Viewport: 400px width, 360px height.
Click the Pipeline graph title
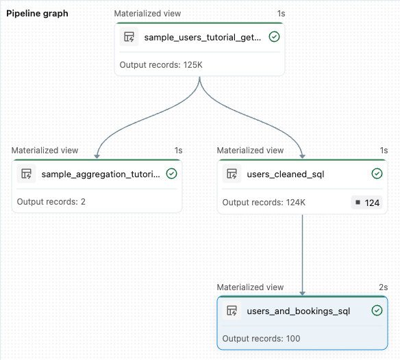(x=38, y=14)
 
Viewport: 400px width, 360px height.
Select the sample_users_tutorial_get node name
(x=202, y=38)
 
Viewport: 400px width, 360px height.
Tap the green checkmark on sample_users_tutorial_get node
(x=274, y=37)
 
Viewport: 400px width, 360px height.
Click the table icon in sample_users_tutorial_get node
(x=129, y=38)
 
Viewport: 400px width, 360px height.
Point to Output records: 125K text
(x=162, y=65)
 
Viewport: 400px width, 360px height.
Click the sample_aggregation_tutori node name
(x=101, y=175)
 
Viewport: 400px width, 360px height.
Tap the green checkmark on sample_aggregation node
(x=171, y=174)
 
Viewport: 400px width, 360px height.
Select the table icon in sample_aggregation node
(x=26, y=175)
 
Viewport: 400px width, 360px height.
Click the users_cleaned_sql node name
(x=285, y=175)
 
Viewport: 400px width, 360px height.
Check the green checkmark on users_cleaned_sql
(x=377, y=174)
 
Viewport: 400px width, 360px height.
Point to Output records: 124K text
(x=264, y=203)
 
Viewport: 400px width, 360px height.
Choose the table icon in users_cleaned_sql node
(x=232, y=175)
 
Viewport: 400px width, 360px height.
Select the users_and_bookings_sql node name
(x=298, y=311)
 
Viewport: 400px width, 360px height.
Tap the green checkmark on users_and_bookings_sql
(x=377, y=311)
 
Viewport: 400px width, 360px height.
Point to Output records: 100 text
(x=261, y=339)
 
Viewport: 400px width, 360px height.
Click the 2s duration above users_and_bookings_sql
(x=383, y=287)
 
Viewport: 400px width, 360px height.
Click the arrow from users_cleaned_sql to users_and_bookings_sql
(x=303, y=253)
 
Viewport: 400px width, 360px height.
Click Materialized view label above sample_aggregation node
(x=45, y=151)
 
